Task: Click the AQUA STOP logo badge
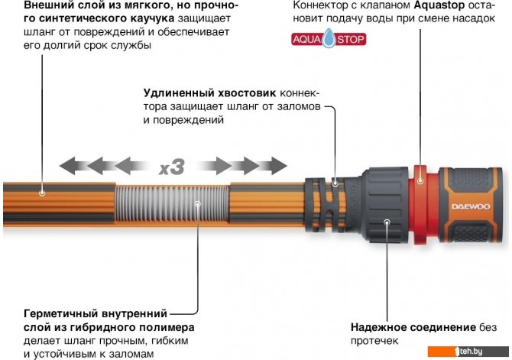coord(329,39)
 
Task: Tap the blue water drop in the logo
coord(329,38)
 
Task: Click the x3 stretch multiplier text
coord(172,167)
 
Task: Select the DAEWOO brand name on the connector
coord(471,206)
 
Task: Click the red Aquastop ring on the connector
coord(420,205)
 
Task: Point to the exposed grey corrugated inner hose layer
coord(172,203)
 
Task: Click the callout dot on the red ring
coord(420,180)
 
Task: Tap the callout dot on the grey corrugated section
coord(198,203)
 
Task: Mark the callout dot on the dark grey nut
coord(387,222)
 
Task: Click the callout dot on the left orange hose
coord(42,193)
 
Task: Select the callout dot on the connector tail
coord(335,183)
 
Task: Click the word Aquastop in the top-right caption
coord(439,6)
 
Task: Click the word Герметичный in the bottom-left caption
coord(63,313)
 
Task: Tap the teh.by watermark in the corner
coord(468,352)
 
